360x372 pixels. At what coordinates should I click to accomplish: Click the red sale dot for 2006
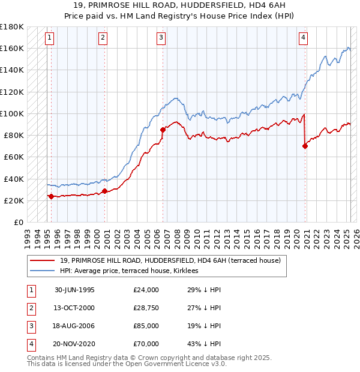click(x=163, y=129)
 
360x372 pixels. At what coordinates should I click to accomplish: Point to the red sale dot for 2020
click(x=305, y=146)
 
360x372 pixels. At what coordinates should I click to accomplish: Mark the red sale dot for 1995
click(x=51, y=196)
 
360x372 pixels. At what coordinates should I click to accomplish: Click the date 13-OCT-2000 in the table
click(x=74, y=308)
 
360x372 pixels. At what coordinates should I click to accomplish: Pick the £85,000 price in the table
click(x=146, y=326)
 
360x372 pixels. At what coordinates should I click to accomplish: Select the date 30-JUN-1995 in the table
click(x=74, y=290)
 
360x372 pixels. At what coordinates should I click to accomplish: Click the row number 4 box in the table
click(x=30, y=344)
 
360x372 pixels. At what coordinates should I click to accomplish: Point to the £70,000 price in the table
click(x=146, y=344)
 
